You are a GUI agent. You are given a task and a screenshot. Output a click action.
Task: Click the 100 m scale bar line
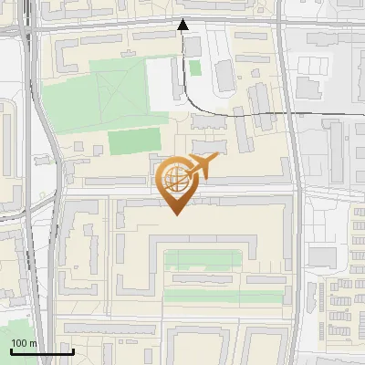click(41, 351)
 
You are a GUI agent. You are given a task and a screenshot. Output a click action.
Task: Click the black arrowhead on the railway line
click(182, 26)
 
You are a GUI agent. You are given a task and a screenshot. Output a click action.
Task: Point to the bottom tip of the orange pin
click(175, 214)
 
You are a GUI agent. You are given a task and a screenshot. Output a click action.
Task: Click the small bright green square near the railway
click(195, 68)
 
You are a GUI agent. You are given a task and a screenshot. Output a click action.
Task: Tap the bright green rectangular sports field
click(135, 142)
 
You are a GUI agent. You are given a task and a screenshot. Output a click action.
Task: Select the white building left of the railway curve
click(162, 88)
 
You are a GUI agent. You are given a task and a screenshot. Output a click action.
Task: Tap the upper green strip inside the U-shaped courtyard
click(203, 259)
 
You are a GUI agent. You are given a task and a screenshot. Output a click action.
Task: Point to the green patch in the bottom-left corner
click(16, 330)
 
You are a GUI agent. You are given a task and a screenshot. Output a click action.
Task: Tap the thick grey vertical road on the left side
click(39, 182)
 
